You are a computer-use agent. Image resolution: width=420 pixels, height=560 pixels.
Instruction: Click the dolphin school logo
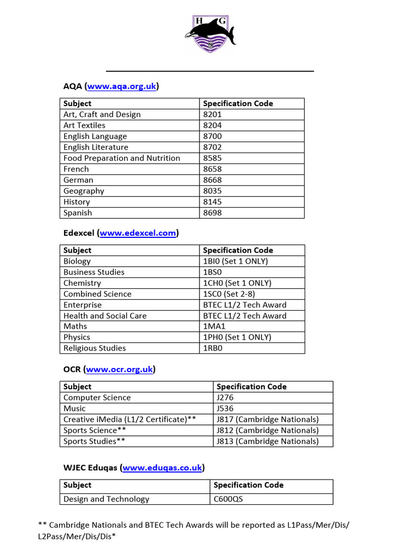(210, 34)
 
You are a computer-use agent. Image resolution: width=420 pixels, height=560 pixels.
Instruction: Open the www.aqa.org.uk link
(122, 86)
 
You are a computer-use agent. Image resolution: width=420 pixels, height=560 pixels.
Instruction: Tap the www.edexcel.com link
(138, 233)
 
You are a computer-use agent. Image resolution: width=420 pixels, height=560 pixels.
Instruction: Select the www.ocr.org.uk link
(119, 369)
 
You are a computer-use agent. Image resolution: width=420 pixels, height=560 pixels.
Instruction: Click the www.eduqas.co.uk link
(162, 468)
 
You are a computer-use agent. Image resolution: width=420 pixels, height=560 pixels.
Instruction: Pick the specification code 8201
(212, 114)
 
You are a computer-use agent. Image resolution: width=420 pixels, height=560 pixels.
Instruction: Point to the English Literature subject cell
(96, 147)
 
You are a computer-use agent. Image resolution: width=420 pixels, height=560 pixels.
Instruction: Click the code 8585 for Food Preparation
(212, 158)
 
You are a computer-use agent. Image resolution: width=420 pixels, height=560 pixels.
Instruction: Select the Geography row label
(84, 191)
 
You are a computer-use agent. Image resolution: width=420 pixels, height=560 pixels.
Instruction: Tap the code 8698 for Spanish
(212, 213)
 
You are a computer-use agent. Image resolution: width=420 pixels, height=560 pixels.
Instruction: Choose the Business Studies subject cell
(94, 272)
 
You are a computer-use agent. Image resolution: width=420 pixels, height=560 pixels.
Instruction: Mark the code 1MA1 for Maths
(213, 326)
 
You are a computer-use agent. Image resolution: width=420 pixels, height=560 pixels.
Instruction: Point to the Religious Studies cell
(95, 348)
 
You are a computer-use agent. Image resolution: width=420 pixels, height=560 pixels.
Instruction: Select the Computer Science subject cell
(97, 398)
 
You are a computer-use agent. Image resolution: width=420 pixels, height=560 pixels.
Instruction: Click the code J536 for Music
(225, 409)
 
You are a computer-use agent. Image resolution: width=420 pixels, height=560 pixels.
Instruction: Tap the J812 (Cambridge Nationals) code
(267, 430)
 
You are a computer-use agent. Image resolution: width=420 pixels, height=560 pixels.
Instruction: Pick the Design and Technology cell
(106, 499)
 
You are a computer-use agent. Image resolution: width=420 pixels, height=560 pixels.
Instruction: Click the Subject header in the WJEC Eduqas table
(77, 485)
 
